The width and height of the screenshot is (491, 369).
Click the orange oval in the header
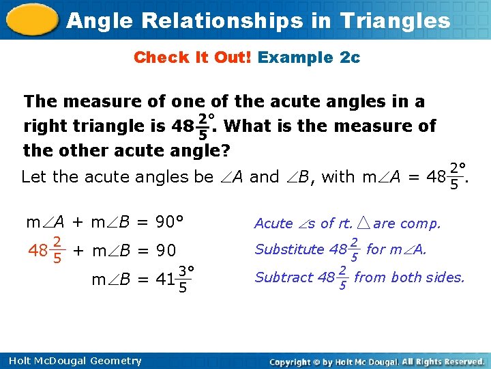pos(30,19)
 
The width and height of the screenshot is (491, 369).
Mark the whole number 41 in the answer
pos(165,278)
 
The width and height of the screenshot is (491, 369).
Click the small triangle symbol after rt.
pos(363,223)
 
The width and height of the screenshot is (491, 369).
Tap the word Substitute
pos(288,249)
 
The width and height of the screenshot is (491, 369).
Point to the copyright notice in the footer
pos(376,361)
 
